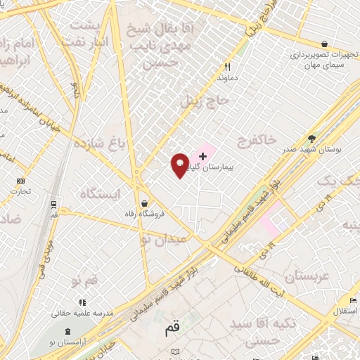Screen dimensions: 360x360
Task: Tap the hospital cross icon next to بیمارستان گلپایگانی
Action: point(204,155)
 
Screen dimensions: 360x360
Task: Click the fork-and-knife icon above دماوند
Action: point(226,67)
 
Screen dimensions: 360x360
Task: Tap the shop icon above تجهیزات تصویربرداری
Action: point(323,43)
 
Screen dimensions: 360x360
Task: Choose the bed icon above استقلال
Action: point(353,300)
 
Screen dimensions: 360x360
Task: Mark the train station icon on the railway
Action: point(54,204)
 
